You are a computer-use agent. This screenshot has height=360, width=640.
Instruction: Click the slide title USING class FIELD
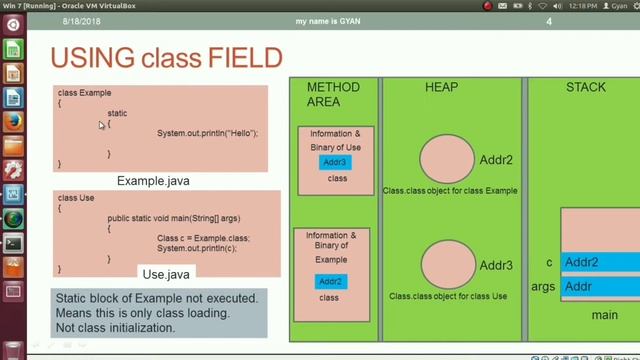point(166,58)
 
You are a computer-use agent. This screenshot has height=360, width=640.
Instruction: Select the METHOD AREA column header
point(333,94)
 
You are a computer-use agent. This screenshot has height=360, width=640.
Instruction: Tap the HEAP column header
point(441,87)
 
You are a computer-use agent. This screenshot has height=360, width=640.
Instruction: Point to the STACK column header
point(585,87)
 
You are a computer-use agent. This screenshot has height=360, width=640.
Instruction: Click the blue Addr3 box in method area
point(335,162)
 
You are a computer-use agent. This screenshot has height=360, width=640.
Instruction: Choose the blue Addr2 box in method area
point(330,281)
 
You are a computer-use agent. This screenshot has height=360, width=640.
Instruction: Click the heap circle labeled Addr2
point(447,159)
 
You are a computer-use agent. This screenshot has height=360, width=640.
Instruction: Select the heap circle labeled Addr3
point(448,265)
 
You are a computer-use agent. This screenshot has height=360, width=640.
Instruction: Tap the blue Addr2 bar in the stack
point(600,263)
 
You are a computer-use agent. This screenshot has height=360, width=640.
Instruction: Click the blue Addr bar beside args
point(600,286)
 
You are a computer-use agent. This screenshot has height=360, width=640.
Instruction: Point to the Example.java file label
point(153,181)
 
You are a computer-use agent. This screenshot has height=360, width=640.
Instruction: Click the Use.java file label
point(166,274)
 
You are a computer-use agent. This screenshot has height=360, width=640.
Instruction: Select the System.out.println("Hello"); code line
point(207,133)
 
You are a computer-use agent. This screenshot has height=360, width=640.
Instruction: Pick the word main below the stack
point(604,315)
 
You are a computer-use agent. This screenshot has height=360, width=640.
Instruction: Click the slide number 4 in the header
point(548,22)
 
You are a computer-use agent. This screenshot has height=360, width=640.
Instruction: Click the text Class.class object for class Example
point(450,190)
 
